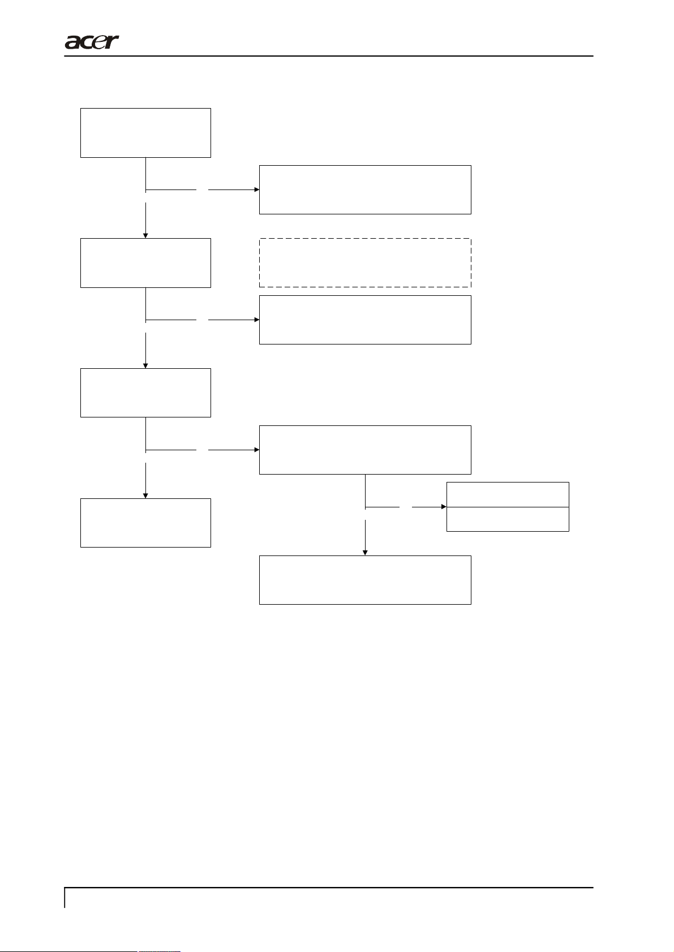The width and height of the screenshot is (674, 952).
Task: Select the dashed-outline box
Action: tap(365, 263)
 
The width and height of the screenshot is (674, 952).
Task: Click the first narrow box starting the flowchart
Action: tap(145, 133)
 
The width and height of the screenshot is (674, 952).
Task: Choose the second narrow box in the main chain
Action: tap(145, 263)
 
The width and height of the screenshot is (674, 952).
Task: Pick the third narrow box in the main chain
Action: tap(145, 393)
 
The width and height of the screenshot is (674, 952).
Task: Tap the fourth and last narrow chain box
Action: tap(145, 523)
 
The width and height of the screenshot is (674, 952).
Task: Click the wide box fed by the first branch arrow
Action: tap(365, 189)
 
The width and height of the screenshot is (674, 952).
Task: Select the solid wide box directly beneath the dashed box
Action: tap(365, 320)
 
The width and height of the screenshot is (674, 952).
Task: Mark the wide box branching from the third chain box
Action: tap(365, 450)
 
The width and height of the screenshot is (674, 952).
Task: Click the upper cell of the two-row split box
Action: tap(508, 494)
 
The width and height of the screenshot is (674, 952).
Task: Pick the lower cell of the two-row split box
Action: tap(508, 519)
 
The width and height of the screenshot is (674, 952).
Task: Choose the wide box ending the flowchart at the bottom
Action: tap(365, 580)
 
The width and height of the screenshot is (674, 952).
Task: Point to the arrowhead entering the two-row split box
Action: tap(444, 507)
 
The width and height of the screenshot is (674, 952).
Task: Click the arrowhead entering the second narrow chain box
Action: tap(145, 235)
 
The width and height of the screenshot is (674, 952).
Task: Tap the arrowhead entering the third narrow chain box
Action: tap(145, 365)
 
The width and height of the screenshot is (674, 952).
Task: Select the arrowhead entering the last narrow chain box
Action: tap(145, 496)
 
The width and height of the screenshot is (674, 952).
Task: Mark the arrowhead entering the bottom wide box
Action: tap(365, 553)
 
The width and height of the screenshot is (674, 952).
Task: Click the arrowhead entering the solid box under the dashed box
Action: tap(256, 320)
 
